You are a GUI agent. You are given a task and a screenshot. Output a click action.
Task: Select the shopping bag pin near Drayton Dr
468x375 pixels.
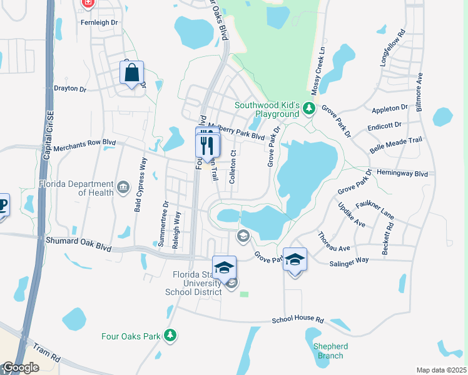pyautogui.click(x=132, y=74)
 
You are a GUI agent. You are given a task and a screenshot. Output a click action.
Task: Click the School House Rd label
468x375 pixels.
pyautogui.click(x=298, y=320)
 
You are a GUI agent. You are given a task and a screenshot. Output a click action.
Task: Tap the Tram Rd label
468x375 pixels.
pyautogui.click(x=48, y=354)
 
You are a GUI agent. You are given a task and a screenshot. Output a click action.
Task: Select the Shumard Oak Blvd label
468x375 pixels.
pyautogui.click(x=78, y=243)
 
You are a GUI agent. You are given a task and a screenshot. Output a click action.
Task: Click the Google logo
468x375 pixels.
pyautogui.click(x=21, y=367)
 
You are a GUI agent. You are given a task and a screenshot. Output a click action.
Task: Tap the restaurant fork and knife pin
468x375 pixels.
pyautogui.click(x=208, y=145)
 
